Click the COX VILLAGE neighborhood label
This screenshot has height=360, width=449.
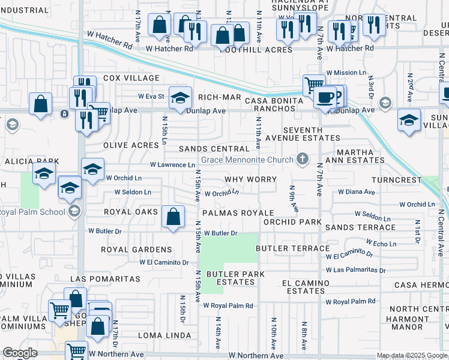[x=131, y=78]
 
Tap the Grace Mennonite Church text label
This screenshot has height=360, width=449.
[x=247, y=160]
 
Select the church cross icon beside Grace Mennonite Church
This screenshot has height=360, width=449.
[x=303, y=159]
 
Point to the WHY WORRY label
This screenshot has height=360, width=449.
[x=250, y=179]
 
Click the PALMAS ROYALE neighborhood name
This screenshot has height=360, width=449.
[x=238, y=213]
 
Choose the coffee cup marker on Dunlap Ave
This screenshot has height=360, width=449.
[x=325, y=98]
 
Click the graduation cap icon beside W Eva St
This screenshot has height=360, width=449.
[x=179, y=98]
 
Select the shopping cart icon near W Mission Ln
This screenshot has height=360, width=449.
[x=313, y=85]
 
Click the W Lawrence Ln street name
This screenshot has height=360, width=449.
[x=172, y=164]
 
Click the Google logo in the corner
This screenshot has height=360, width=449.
[x=20, y=353]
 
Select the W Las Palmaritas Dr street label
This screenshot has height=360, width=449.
[x=355, y=270]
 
